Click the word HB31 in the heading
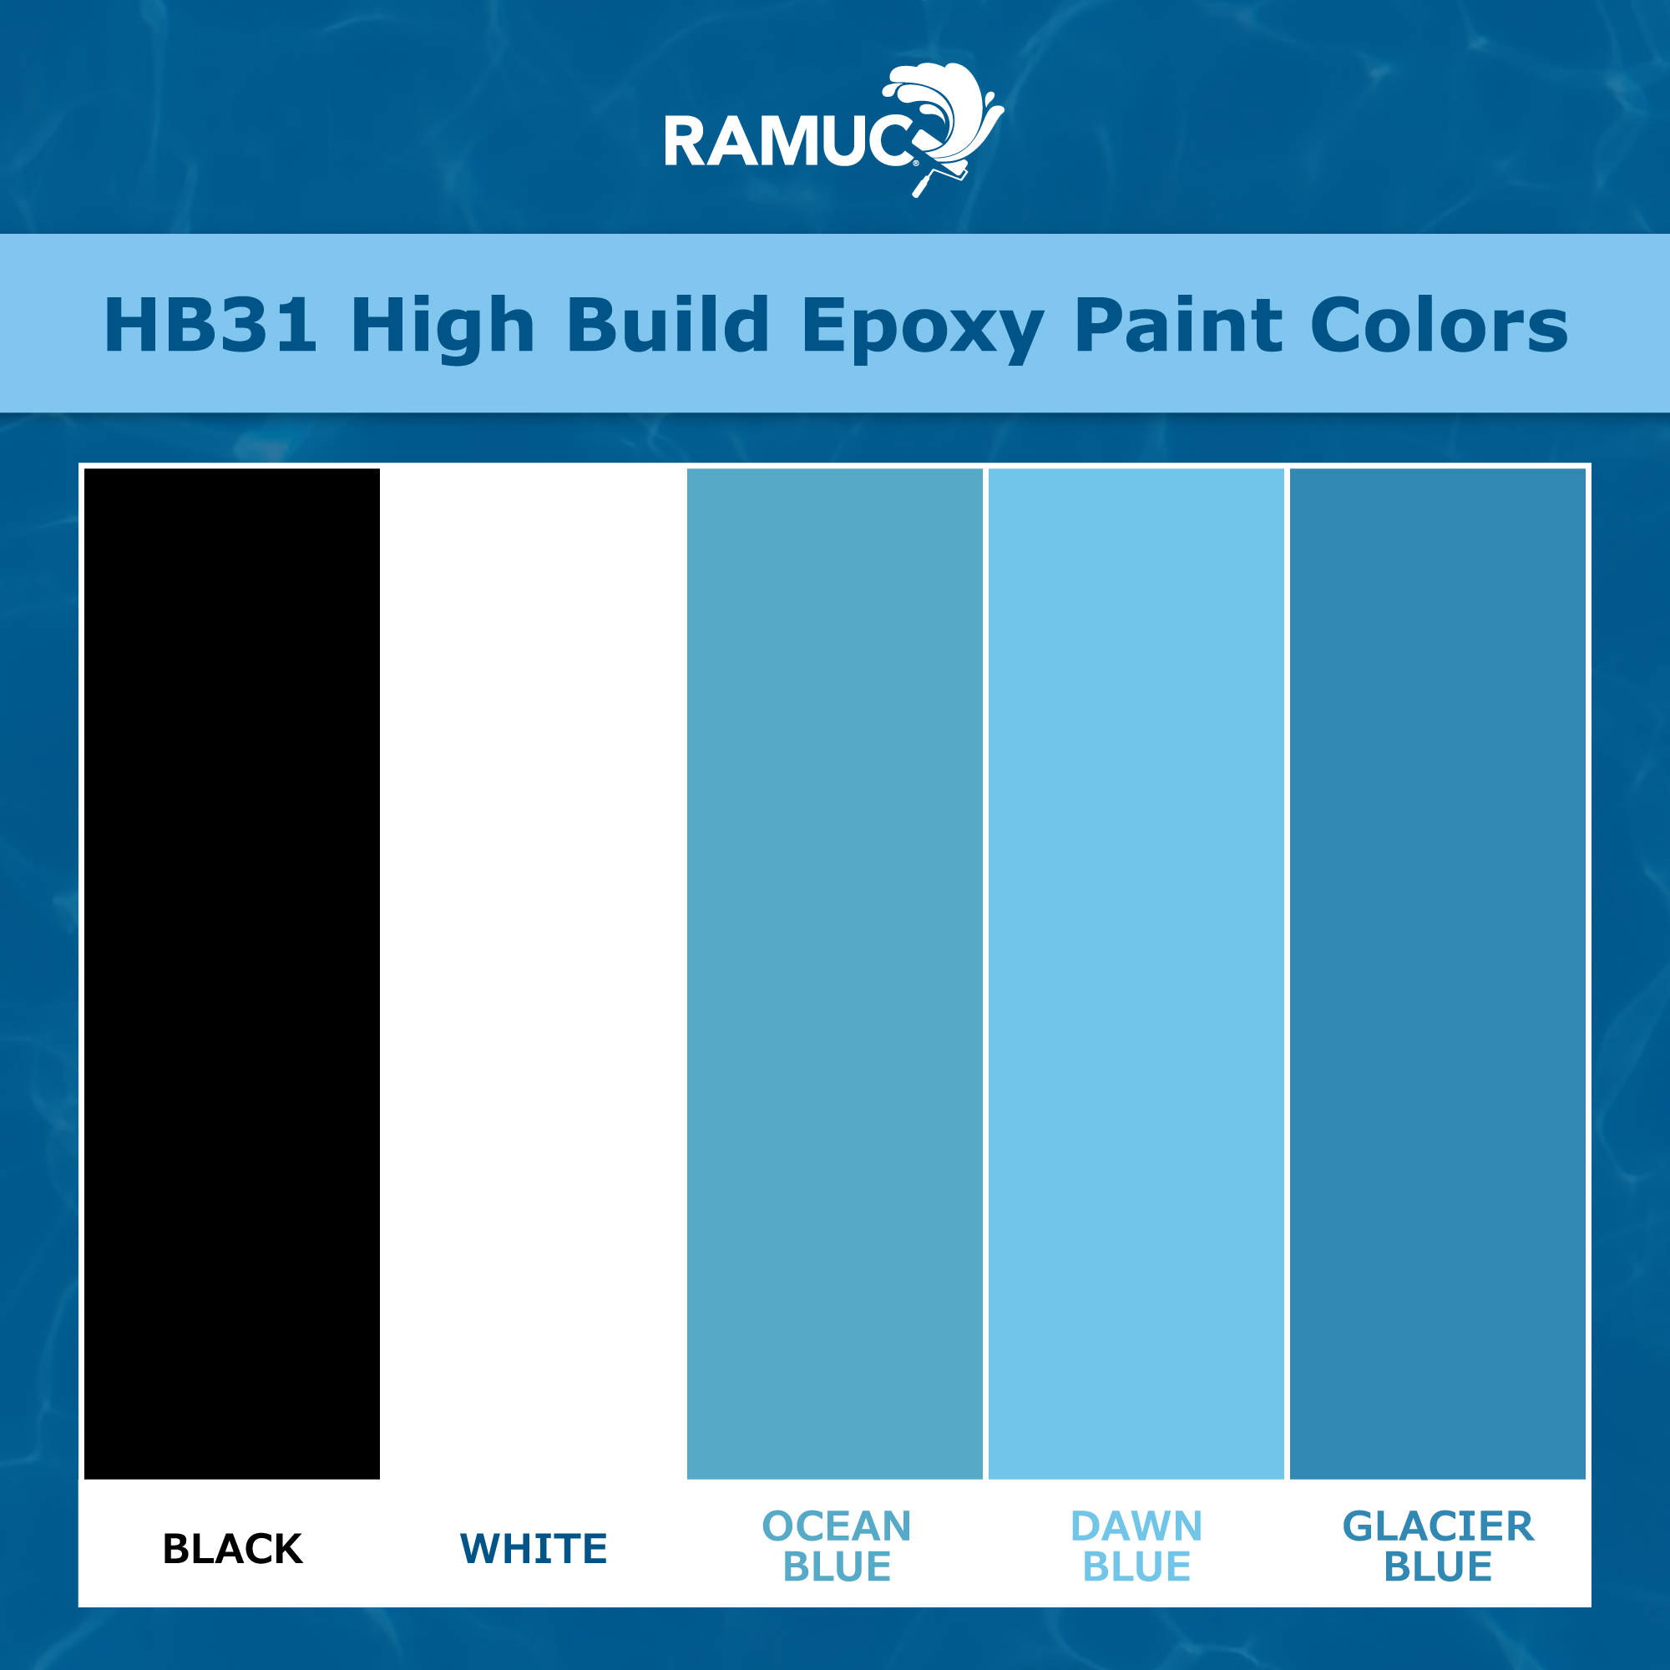(210, 325)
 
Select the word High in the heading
(443, 326)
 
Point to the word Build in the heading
(667, 325)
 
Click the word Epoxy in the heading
(923, 326)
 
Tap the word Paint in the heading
(1177, 325)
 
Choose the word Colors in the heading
(1440, 325)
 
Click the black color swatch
(231, 974)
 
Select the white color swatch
(534, 974)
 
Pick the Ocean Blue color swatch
(835, 974)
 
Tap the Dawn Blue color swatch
(1136, 974)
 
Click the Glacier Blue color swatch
(1438, 974)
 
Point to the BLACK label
(232, 1549)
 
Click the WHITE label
(534, 1549)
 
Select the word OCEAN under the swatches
(837, 1526)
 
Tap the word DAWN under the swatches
(1136, 1526)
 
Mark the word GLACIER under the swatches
(1439, 1526)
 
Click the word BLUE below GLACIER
(1439, 1567)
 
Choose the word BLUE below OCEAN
(837, 1567)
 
